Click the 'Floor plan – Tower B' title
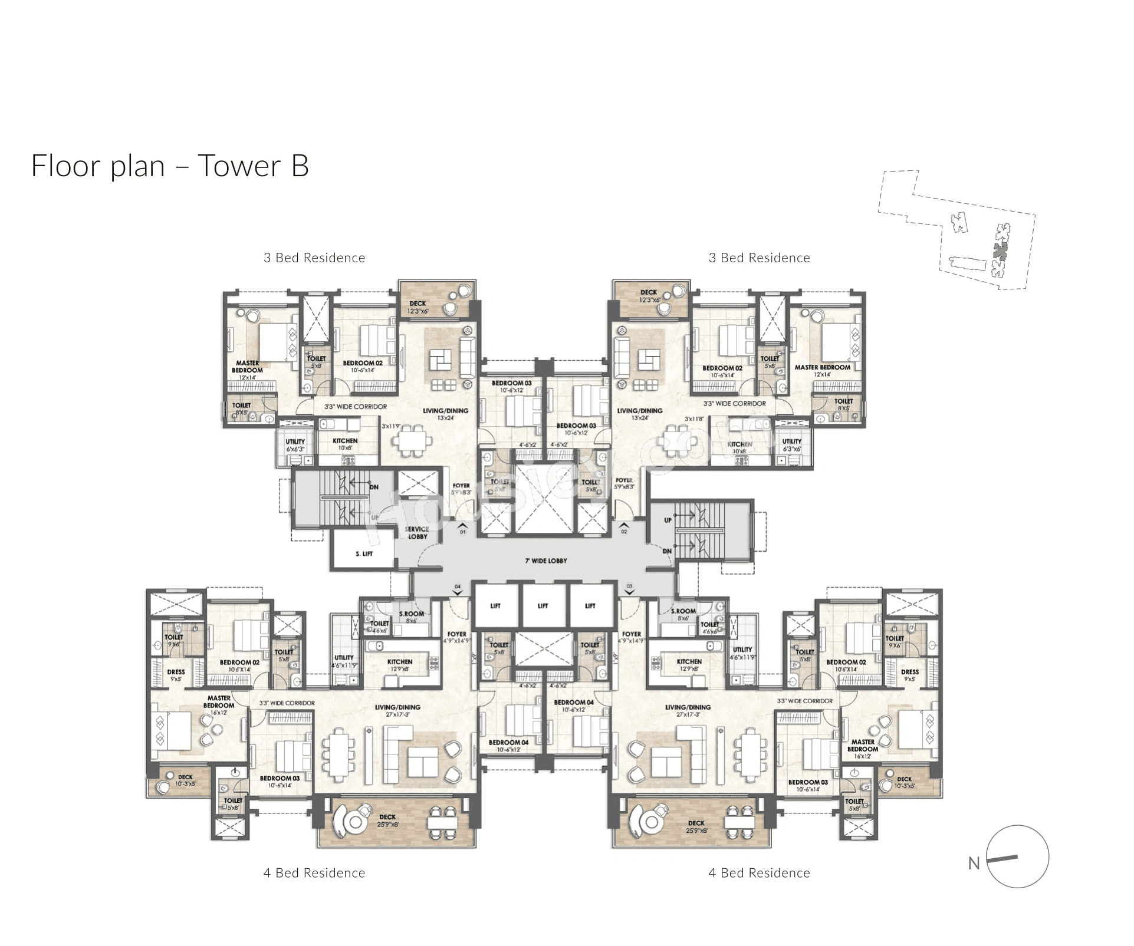tap(170, 166)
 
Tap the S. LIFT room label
tap(364, 553)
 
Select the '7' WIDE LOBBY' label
tap(545, 561)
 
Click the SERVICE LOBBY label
tap(417, 532)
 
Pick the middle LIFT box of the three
tap(543, 605)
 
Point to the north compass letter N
tap(974, 863)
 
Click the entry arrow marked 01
tap(462, 526)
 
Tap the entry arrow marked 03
tap(629, 590)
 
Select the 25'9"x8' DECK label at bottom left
tap(387, 820)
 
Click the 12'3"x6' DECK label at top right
tap(649, 296)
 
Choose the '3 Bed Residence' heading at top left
tap(314, 258)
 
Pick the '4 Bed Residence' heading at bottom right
tap(758, 873)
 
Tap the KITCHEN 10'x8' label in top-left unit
tap(345, 444)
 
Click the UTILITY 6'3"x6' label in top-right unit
tap(791, 445)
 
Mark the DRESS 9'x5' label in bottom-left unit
tap(176, 675)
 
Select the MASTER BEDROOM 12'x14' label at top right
tap(822, 370)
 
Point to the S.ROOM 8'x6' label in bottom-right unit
tap(683, 614)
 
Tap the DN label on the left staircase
tap(374, 487)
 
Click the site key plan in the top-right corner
tap(956, 230)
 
